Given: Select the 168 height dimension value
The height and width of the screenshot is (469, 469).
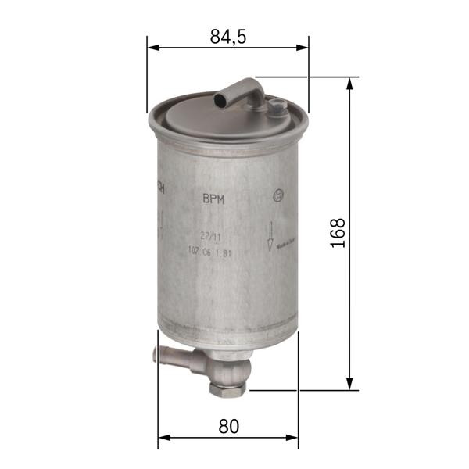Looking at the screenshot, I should pyautogui.click(x=338, y=233).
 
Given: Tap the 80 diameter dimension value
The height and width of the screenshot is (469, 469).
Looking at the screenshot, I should pyautogui.click(x=228, y=427).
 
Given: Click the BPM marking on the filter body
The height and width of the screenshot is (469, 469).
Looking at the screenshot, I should pyautogui.click(x=213, y=199).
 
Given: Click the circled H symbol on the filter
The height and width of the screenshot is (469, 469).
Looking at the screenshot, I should pyautogui.click(x=277, y=196).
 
